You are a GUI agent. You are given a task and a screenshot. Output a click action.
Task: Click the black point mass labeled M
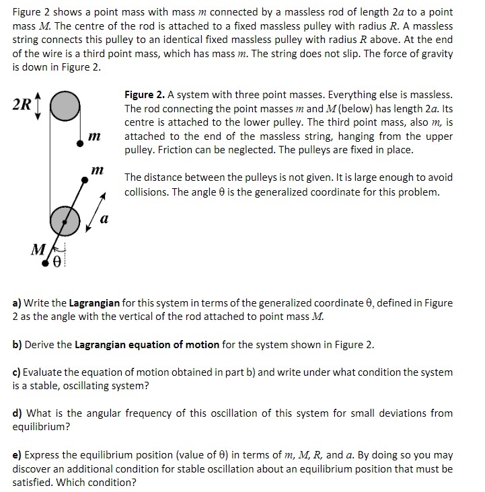coord(46,263)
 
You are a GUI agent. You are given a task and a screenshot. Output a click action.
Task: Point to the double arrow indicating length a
coord(96,211)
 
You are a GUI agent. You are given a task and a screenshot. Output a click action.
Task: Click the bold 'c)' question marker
coord(17,372)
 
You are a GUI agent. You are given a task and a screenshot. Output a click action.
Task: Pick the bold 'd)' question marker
coord(18,413)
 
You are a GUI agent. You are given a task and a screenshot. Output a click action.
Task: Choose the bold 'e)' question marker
coord(17,454)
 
